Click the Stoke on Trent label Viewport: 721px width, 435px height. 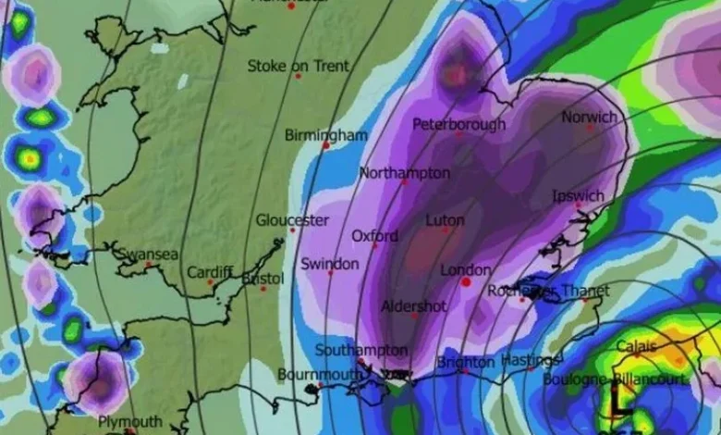tap(298, 67)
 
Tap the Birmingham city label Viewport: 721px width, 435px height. tap(325, 135)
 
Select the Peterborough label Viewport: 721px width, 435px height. tap(458, 124)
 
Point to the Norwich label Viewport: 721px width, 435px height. tap(589, 118)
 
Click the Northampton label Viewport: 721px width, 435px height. tap(404, 173)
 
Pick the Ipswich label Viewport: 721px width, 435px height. tap(578, 196)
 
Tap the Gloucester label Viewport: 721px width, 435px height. tap(291, 220)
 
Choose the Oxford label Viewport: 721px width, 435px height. tap(374, 236)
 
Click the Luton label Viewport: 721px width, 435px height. tap(445, 221)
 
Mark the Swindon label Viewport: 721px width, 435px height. tap(329, 264)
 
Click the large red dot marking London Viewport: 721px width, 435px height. tap(466, 281)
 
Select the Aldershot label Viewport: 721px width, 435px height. tap(413, 305)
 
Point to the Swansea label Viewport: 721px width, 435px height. tap(147, 254)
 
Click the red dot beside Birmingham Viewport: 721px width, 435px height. tap(325, 145)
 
